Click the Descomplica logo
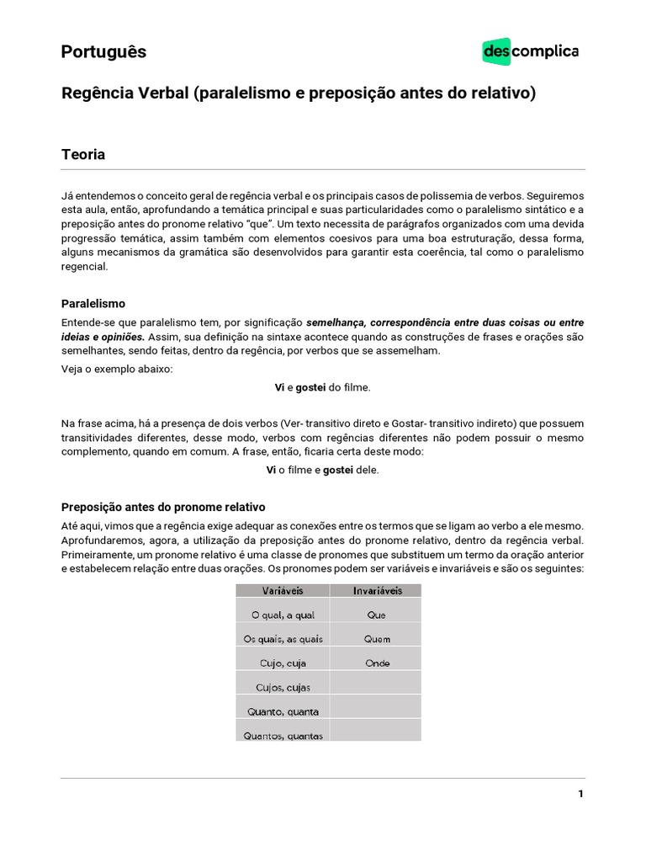(530, 51)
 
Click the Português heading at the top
(103, 51)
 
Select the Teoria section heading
(83, 155)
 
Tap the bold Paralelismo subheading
(93, 303)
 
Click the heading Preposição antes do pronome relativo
(163, 507)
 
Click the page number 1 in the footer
(580, 794)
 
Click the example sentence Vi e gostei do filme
(323, 387)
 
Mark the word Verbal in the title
(162, 93)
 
